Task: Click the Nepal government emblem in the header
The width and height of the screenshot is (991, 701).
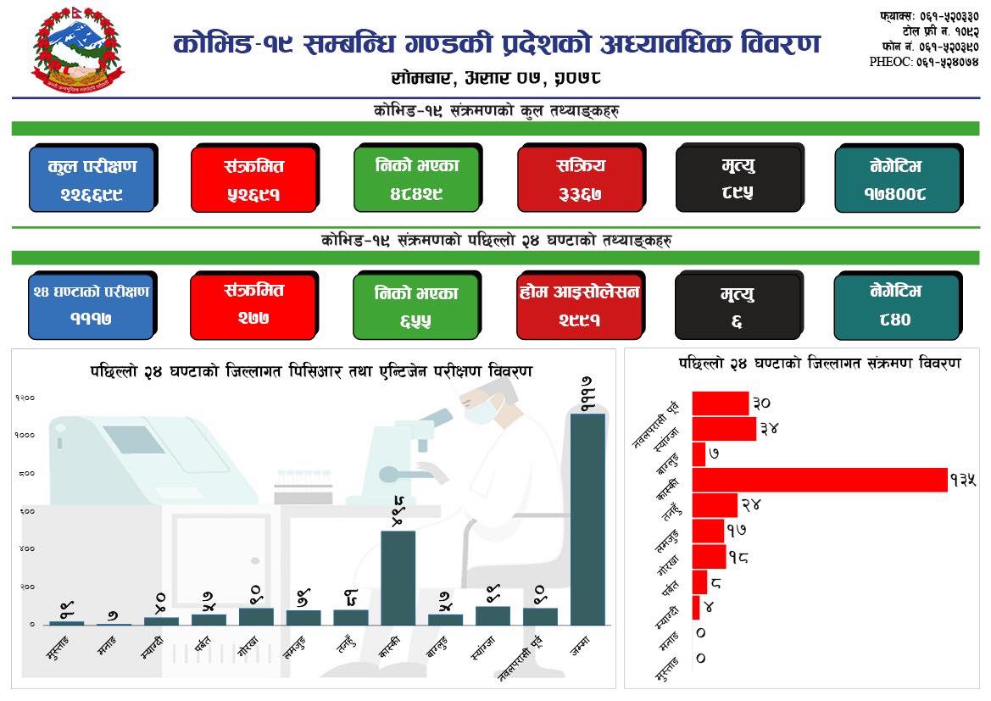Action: coord(77,53)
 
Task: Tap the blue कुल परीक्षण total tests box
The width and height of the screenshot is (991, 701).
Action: coord(92,179)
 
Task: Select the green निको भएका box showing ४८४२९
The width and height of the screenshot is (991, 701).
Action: coord(416,179)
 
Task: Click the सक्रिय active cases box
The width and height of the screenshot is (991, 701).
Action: coord(581,179)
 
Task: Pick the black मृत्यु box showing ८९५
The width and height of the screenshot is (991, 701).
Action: coord(738,179)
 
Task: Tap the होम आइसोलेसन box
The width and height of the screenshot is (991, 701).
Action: coord(581,305)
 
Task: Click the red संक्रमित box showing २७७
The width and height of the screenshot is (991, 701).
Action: coord(253,305)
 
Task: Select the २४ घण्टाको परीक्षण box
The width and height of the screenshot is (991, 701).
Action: coord(92,305)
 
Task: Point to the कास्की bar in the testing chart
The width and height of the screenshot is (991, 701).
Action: coord(398,577)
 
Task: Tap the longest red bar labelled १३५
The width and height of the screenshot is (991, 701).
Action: coord(819,480)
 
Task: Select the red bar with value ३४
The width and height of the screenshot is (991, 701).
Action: coord(724,429)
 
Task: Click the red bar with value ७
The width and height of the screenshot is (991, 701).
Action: coord(699,454)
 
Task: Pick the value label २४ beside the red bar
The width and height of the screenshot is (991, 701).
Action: coord(751,505)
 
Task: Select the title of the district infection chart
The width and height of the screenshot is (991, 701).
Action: coord(819,363)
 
